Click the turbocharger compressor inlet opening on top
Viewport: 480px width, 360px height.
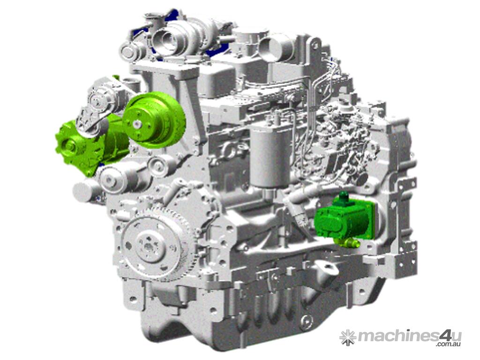coord(168,39)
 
